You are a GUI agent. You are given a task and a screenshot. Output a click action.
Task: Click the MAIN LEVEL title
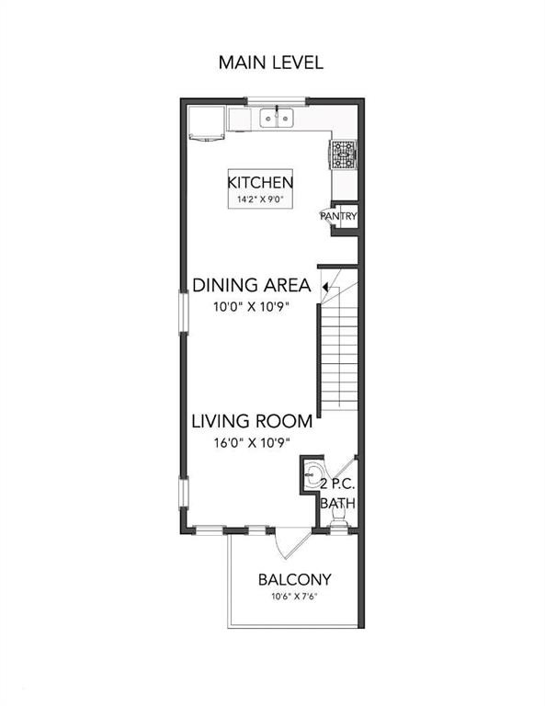[270, 63]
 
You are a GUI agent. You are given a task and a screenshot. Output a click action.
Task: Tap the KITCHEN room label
[260, 182]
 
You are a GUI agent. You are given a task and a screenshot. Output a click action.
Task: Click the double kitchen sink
[276, 118]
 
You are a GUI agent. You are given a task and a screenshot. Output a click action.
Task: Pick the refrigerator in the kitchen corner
[206, 123]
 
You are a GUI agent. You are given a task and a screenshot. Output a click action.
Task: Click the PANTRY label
[338, 216]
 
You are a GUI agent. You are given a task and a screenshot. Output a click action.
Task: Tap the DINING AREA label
[251, 285]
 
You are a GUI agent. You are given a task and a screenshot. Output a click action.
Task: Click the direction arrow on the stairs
[328, 288]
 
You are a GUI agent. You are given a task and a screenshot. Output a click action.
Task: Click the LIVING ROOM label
[252, 422]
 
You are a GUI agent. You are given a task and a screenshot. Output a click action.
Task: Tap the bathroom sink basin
[314, 475]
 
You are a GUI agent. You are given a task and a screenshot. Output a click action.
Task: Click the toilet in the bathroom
[337, 523]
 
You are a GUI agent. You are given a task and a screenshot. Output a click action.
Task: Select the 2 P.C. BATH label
[337, 494]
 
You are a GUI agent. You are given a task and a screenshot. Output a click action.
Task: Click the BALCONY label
[294, 580]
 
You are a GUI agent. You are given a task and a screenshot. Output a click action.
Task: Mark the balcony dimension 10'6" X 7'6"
[294, 598]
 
